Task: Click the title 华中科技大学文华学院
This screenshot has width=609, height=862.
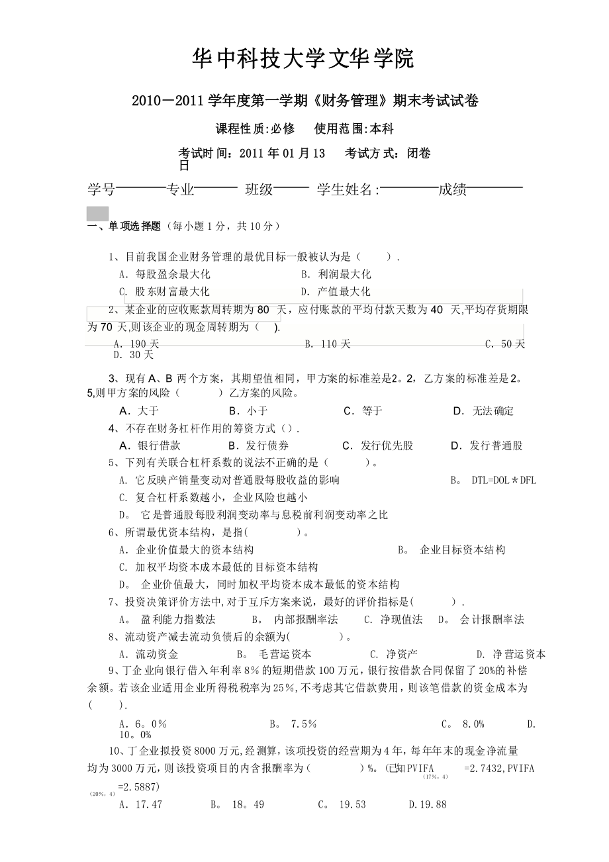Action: [303, 60]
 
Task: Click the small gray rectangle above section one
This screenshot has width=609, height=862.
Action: [98, 213]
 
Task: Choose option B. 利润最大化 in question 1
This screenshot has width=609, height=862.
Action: [336, 274]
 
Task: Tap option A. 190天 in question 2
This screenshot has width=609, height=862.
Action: [136, 344]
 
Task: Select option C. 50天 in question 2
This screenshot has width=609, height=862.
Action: [505, 344]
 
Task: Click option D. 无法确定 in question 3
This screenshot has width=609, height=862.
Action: [483, 411]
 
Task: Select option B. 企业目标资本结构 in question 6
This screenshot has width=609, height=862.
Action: [452, 550]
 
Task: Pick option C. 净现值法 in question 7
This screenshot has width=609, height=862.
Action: [393, 620]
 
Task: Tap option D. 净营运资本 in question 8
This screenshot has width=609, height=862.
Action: [511, 654]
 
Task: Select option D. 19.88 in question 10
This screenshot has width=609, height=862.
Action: [428, 804]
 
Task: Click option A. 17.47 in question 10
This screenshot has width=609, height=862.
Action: [140, 804]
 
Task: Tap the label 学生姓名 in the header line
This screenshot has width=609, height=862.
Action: [348, 190]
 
